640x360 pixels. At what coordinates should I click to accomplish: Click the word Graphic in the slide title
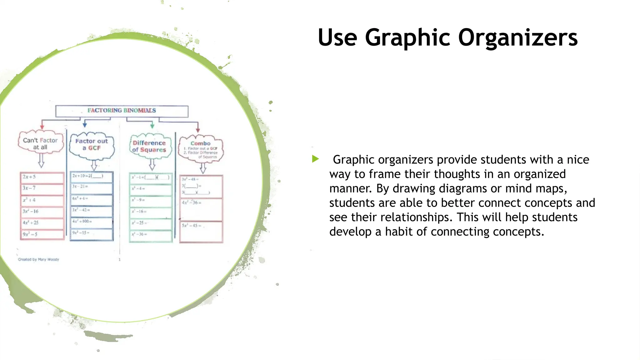tap(407, 38)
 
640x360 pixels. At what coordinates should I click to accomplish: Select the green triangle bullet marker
tap(315, 159)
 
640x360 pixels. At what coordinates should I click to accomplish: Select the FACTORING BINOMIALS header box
tap(122, 111)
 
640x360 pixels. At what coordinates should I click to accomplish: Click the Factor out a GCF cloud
tap(92, 145)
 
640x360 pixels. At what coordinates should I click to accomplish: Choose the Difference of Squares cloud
tap(149, 146)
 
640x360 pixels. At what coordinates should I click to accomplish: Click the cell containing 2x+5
tap(42, 177)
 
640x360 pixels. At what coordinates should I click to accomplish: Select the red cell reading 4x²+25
tap(42, 223)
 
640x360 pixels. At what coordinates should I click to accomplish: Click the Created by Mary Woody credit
tap(38, 259)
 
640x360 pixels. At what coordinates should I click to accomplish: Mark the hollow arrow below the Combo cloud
tap(203, 168)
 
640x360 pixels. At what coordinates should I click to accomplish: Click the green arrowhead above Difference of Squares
tap(152, 126)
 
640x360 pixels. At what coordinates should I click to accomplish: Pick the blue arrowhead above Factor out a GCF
tap(85, 125)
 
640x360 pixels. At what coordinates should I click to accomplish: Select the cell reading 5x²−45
tap(201, 232)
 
